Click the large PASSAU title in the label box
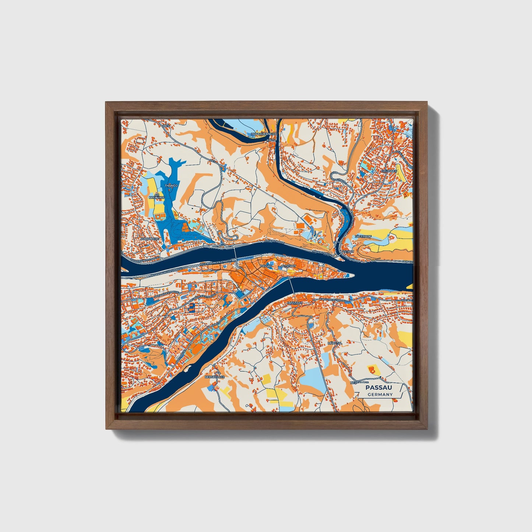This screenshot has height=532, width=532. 378,388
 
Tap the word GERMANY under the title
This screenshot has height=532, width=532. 380,395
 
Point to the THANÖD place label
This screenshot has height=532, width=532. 171,186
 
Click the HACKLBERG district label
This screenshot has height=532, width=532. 150,239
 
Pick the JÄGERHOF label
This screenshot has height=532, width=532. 363,236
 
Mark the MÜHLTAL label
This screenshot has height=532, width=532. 335,343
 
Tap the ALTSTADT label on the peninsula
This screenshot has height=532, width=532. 287,265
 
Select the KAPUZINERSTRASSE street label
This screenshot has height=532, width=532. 333,300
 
